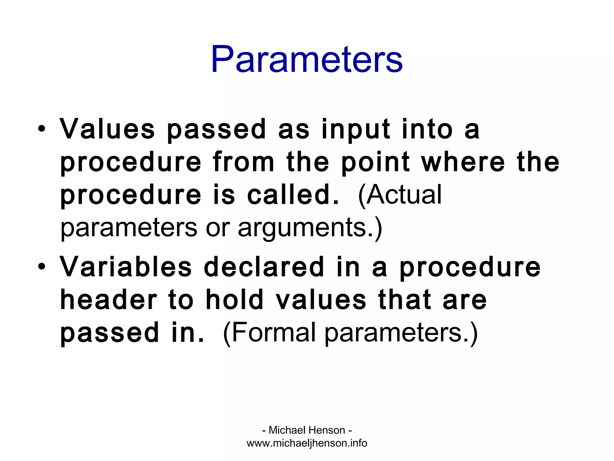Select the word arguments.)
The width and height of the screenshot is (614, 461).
click(310, 228)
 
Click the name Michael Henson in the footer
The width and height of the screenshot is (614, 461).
click(307, 430)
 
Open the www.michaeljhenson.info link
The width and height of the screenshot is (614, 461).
click(307, 443)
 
